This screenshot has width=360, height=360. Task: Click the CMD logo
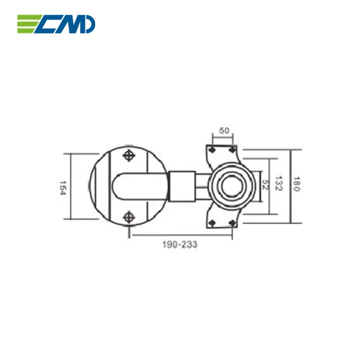pyautogui.click(x=56, y=24)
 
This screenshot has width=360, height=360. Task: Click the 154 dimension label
pyautogui.click(x=62, y=186)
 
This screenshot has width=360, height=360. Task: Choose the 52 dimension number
pyautogui.click(x=265, y=185)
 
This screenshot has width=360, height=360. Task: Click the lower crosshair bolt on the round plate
pyautogui.click(x=129, y=217)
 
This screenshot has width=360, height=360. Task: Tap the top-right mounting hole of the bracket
pyautogui.click(x=232, y=150)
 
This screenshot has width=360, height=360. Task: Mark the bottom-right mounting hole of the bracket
pyautogui.click(x=232, y=222)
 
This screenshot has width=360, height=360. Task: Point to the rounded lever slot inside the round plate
pyautogui.click(x=134, y=186)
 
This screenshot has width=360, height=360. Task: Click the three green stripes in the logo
pyautogui.click(x=27, y=24)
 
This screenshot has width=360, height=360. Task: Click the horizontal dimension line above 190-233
pyautogui.click(x=180, y=236)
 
